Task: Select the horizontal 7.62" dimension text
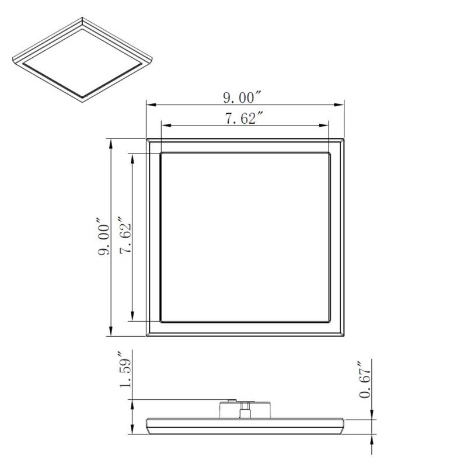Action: click(244, 118)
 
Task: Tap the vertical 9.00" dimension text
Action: click(103, 237)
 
